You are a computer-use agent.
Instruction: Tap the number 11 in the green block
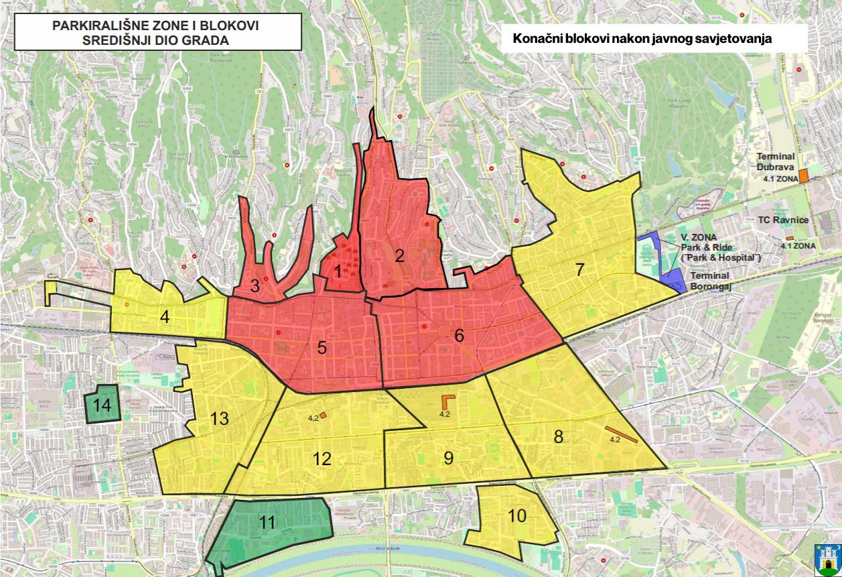(x=267, y=523)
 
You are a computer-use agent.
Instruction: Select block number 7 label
(x=580, y=270)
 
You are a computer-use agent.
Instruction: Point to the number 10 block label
(x=516, y=516)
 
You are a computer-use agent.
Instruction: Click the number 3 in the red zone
(x=255, y=286)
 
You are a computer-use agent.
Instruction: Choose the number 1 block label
(x=338, y=271)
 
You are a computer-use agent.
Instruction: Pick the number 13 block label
(x=219, y=419)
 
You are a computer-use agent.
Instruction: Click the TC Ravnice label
(x=783, y=220)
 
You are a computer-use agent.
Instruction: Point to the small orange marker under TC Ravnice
(x=790, y=238)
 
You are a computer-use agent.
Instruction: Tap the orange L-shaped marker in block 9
(x=447, y=401)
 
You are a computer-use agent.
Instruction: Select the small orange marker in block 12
(x=323, y=415)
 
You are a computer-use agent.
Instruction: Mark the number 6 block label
(x=459, y=336)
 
